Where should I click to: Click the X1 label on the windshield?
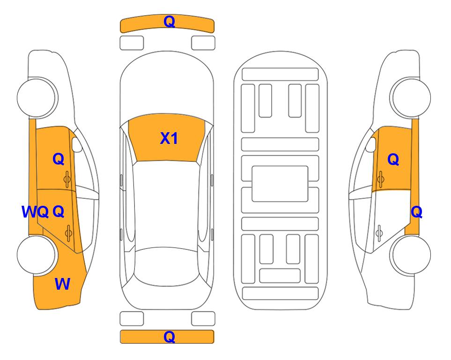click(x=169, y=138)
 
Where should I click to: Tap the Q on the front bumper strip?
click(x=169, y=22)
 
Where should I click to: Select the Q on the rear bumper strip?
click(x=169, y=337)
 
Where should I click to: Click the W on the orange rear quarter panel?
click(x=62, y=284)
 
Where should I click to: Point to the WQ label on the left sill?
click(x=35, y=212)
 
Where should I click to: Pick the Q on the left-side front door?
click(x=59, y=159)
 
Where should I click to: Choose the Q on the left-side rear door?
click(x=59, y=212)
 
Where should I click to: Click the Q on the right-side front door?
click(x=393, y=159)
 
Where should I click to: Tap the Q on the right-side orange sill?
click(x=416, y=212)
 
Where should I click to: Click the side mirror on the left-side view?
click(x=76, y=144)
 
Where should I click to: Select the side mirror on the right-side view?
click(x=371, y=144)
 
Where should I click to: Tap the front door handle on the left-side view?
click(x=67, y=179)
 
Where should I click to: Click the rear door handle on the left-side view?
click(x=68, y=232)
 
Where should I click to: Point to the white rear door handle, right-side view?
click(x=379, y=232)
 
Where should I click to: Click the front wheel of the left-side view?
click(x=37, y=97)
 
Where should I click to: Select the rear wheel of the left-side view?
click(x=37, y=255)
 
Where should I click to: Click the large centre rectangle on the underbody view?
click(x=280, y=184)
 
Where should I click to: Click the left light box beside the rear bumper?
click(x=132, y=319)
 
